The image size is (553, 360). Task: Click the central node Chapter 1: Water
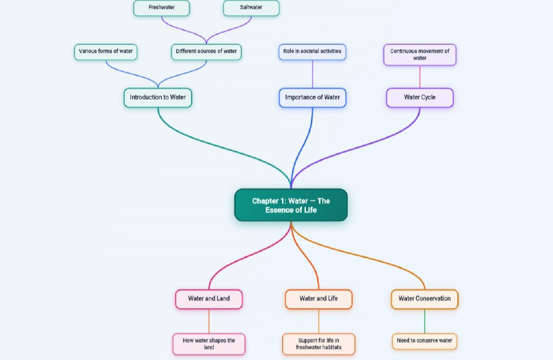(x=291, y=205)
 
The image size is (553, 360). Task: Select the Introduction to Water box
(x=158, y=98)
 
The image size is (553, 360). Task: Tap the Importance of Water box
(x=313, y=98)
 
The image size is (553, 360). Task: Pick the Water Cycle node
(x=420, y=98)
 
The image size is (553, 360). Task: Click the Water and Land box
(x=209, y=299)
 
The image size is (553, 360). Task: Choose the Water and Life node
(x=318, y=299)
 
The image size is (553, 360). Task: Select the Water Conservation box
(x=425, y=299)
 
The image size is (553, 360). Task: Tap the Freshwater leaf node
(x=162, y=8)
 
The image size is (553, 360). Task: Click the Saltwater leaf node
(x=251, y=8)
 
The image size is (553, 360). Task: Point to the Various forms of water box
(x=106, y=52)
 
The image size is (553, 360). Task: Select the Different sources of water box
(x=206, y=52)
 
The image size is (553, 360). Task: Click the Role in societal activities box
(x=313, y=52)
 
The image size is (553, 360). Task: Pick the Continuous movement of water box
(x=420, y=55)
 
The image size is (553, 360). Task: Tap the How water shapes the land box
(x=209, y=344)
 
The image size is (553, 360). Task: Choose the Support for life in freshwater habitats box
(x=318, y=344)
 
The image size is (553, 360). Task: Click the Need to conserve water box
(x=425, y=342)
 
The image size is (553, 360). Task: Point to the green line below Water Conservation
(x=425, y=321)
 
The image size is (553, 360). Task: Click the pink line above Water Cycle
(x=420, y=77)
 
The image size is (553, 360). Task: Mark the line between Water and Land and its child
(x=209, y=321)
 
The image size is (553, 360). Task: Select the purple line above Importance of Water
(x=313, y=74)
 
